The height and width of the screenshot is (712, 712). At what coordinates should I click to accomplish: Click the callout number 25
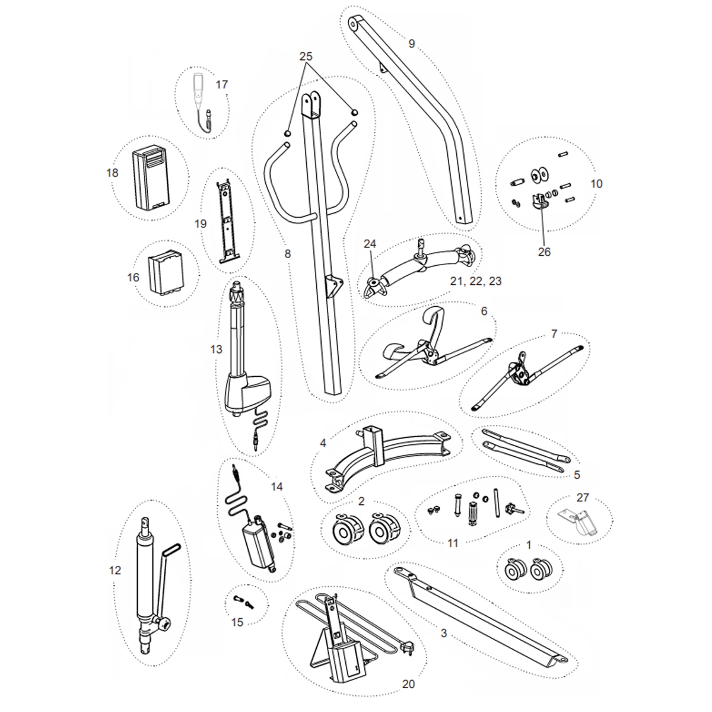[x=306, y=56]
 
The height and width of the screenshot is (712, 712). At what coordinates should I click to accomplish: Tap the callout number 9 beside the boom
[x=412, y=43]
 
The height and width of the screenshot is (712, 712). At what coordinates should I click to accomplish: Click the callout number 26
[x=544, y=252]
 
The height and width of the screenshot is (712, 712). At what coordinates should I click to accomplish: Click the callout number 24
[x=370, y=244]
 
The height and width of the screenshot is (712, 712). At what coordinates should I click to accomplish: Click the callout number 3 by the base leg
[x=444, y=633]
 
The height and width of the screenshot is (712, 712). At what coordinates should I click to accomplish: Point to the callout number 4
[x=323, y=443]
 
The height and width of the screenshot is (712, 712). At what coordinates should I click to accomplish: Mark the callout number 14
[x=276, y=487]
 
